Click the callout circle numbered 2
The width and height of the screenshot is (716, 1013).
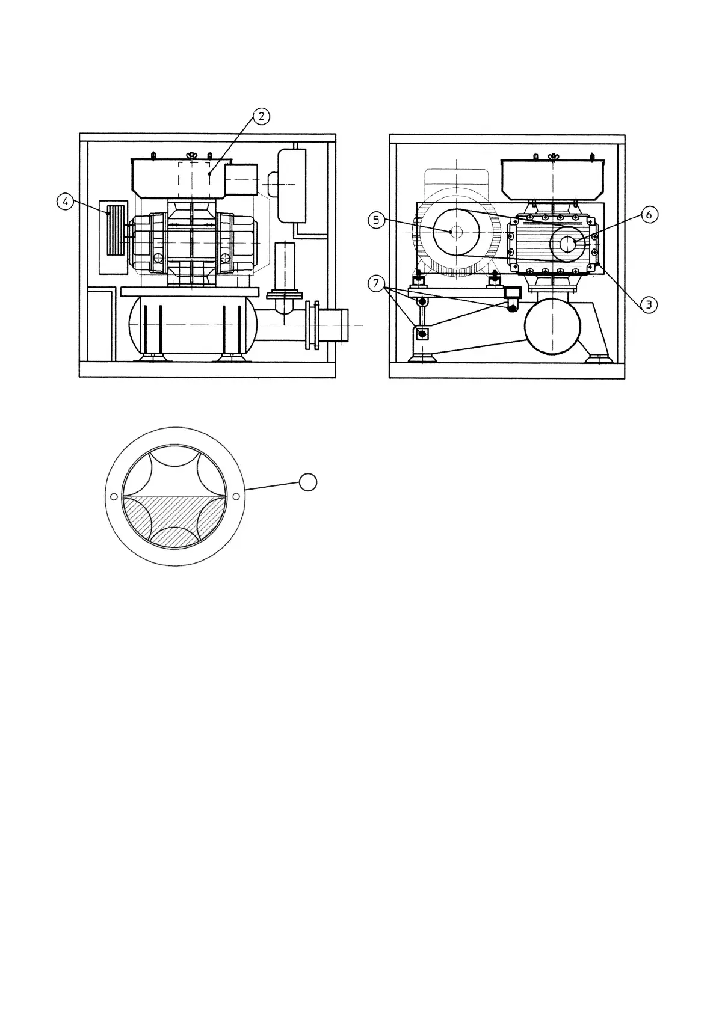261,117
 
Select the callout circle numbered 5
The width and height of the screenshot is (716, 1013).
376,221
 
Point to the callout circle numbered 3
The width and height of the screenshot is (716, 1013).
649,304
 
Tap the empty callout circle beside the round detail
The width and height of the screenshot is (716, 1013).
308,482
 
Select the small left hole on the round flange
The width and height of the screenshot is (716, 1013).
113,496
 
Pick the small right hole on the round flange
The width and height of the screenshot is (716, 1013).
236,496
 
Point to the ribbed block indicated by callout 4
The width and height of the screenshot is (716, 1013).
115,229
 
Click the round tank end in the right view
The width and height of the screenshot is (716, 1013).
553,327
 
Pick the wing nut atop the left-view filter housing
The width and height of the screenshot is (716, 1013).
193,156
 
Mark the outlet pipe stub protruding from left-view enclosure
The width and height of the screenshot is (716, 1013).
333,325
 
